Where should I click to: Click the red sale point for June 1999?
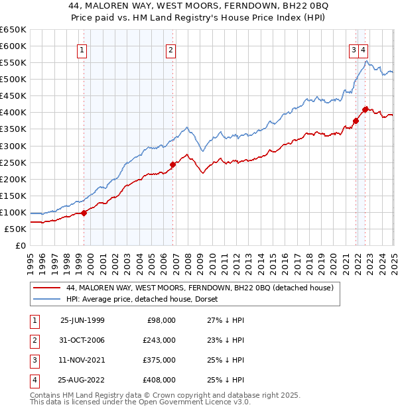click(84, 213)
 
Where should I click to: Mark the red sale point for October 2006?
click(172, 164)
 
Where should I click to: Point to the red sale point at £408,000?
click(365, 109)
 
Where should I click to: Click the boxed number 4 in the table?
click(33, 380)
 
